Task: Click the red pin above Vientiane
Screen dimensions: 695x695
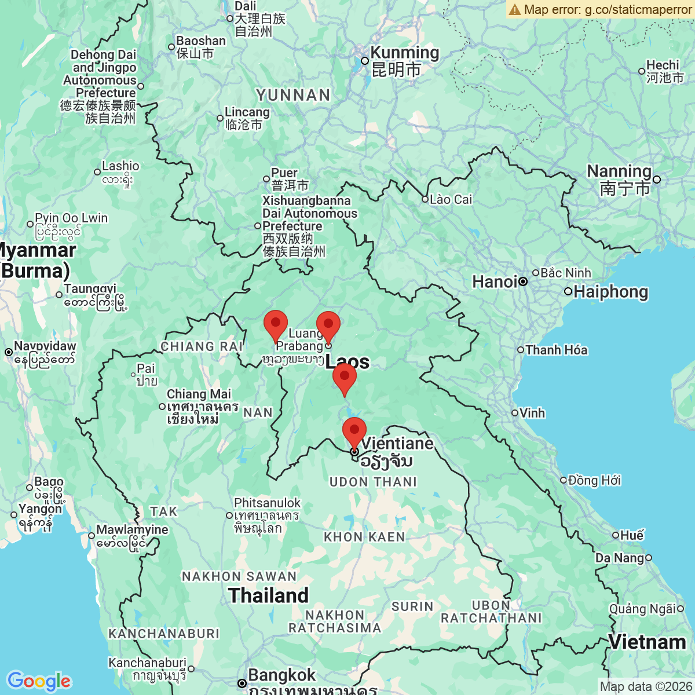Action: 354,431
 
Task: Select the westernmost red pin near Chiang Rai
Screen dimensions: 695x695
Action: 276,324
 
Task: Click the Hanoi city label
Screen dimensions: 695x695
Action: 495,282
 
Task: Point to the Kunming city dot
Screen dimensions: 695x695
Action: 365,61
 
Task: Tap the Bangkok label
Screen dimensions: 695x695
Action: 281,675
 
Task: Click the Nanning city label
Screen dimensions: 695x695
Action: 619,171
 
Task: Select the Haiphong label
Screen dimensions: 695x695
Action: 610,291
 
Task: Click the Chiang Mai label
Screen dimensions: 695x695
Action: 199,394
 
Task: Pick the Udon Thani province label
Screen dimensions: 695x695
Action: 373,482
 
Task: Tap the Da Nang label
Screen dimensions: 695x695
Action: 620,558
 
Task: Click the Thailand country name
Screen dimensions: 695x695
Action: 269,595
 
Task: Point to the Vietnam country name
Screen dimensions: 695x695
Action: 647,642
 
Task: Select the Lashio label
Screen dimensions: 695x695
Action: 120,167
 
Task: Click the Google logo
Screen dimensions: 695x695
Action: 39,681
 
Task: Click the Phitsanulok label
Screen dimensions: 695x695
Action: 267,503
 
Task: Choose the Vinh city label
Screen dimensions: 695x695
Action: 532,413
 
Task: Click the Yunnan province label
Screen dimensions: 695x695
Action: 293,96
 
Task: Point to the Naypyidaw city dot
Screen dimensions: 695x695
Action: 9,352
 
